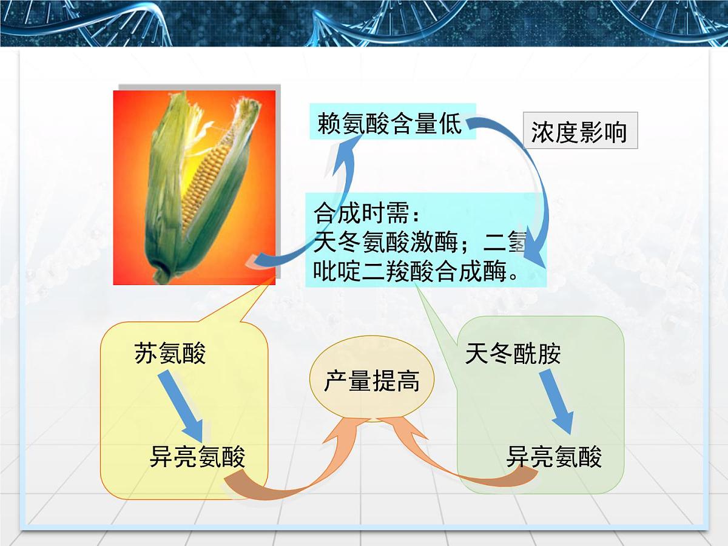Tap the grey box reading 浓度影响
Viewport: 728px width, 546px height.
(579, 131)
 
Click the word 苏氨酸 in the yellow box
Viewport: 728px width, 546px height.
(170, 353)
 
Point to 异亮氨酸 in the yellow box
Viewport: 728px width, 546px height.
(197, 457)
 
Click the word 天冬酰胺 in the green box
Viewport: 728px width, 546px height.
(513, 353)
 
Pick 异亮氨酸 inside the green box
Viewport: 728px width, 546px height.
(554, 457)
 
